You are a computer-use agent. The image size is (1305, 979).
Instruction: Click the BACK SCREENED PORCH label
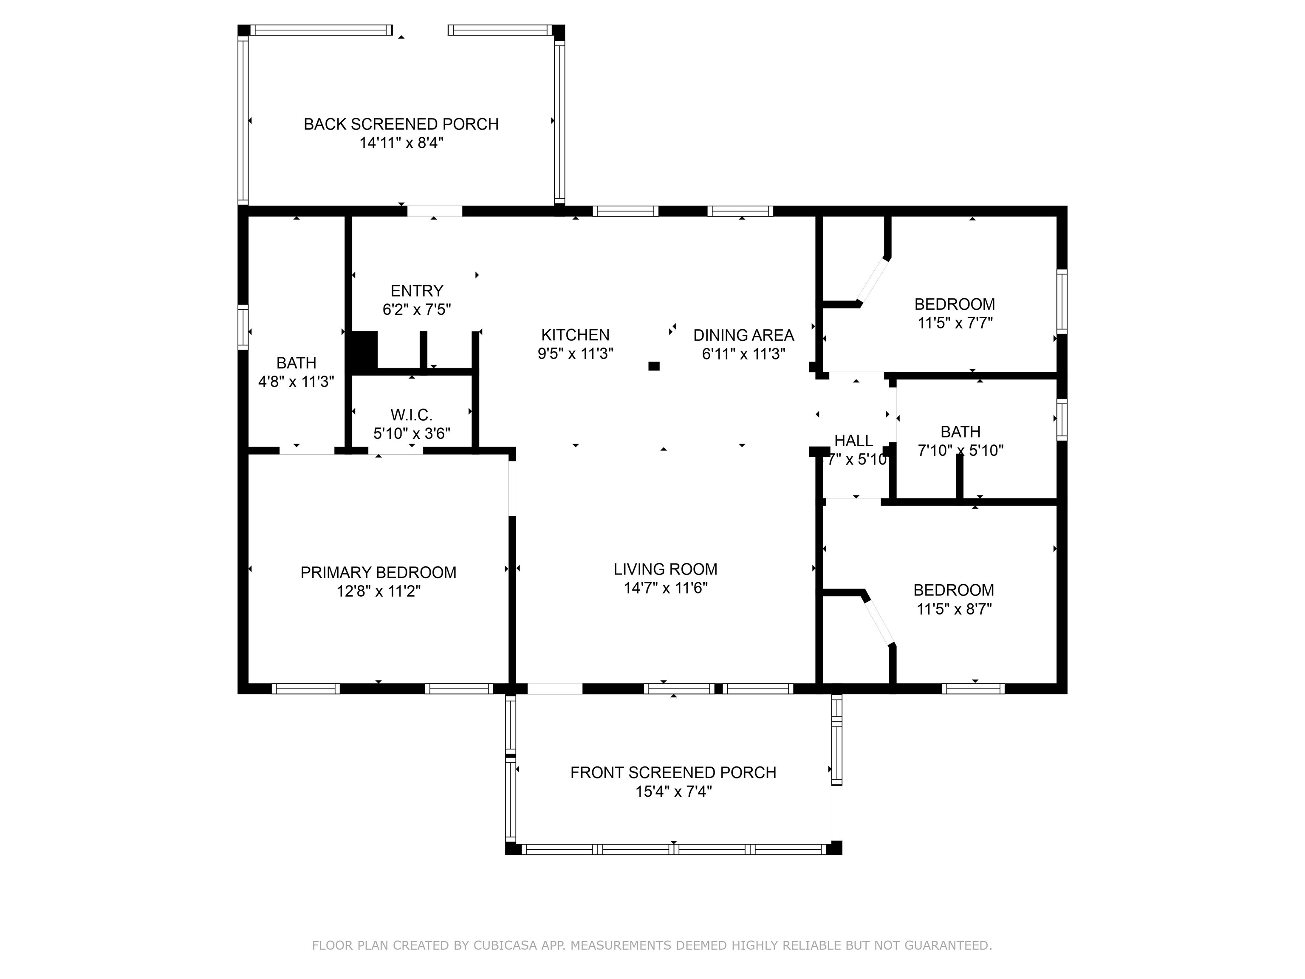coord(401,124)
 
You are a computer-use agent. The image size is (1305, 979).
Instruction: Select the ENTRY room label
coord(416,291)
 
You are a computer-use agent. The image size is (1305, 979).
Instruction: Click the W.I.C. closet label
coord(411,415)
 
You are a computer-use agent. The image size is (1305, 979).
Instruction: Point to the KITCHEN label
coord(575,335)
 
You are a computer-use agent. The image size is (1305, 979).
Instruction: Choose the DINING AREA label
coord(743,335)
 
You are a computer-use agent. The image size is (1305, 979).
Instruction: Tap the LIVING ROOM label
coord(666,569)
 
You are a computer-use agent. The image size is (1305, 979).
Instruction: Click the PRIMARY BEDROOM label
coord(378,572)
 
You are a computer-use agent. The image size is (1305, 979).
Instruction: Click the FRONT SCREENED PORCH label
coord(673,772)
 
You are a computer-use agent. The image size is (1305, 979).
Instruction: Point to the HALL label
coord(854,441)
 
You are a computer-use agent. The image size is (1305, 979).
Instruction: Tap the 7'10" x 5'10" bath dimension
coord(960,450)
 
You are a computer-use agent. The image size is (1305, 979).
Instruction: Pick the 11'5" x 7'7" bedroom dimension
coord(955,323)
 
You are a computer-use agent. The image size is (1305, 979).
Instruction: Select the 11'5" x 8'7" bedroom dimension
coord(954,608)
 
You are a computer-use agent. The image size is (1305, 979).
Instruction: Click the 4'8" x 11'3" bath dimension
coord(296,381)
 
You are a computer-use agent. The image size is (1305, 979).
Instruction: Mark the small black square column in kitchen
coord(654,366)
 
